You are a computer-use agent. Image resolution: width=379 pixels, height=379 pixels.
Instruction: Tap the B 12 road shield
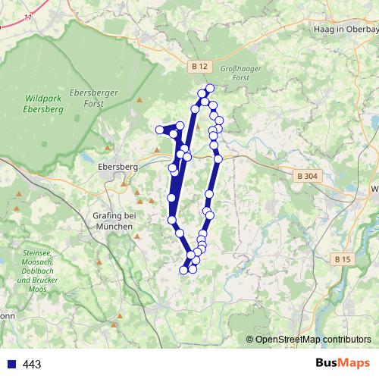tap(199, 67)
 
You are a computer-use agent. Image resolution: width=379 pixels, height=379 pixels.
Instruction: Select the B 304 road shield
tap(305, 177)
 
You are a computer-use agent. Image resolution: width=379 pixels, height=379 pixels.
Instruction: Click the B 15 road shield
tap(343, 259)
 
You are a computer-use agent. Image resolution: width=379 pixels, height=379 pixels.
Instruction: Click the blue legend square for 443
tap(10, 365)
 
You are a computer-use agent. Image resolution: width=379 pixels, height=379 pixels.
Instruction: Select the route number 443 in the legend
tap(32, 365)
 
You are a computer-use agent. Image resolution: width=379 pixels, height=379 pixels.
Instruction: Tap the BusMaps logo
tap(342, 364)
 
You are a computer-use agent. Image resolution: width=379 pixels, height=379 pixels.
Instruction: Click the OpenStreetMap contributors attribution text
tap(312, 339)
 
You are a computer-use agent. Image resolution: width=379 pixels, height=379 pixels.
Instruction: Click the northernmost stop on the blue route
tap(210, 89)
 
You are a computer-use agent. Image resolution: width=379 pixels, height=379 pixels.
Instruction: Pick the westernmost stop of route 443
tap(160, 130)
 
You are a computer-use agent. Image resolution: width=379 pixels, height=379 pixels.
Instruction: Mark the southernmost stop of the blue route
tap(183, 269)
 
